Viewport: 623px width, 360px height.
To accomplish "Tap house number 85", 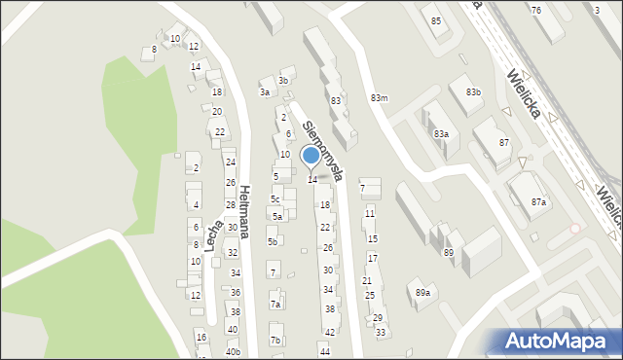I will coord(435,20).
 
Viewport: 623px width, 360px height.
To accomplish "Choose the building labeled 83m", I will coord(379,97).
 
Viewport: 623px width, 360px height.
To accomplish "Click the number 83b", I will coord(473,91).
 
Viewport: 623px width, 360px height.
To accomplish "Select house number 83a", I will coord(441,133).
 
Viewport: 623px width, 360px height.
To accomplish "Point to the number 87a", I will coord(538,201).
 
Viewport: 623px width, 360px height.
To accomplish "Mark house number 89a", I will coord(422,292).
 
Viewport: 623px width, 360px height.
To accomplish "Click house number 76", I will coord(536,9).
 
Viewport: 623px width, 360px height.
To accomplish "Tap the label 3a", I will coord(264,92).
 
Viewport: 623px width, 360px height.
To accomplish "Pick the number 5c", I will coord(275,199).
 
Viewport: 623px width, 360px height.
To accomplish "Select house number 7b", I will coord(275,340).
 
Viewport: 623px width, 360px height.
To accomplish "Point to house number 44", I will coord(325,351).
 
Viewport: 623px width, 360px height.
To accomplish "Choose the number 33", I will coord(381,332).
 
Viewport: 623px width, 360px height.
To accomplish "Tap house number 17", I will coord(372,258).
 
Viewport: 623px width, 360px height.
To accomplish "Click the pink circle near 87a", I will coord(575,229).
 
